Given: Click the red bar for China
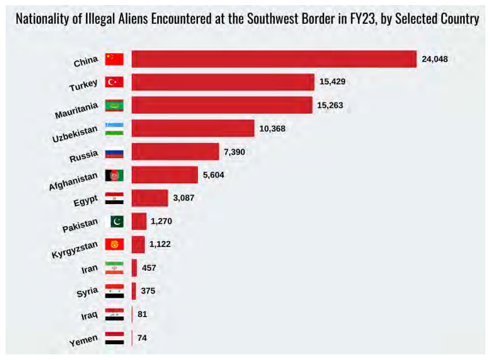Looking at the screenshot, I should tap(274, 59).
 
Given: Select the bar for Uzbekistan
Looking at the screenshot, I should tap(193, 128).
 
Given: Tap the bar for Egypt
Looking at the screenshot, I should tap(150, 198).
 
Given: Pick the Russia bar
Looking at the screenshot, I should tap(175, 151).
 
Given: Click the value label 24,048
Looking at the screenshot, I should tap(434, 59).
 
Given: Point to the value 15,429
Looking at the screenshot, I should tap(332, 82).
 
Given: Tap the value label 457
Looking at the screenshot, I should tap(149, 267).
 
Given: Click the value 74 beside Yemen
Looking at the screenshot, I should tap(143, 337).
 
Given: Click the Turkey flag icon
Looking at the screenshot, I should tap(114, 83).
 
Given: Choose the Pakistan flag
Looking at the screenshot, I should tap(117, 222).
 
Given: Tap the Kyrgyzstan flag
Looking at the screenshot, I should tap(114, 245).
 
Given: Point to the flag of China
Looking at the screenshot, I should tap(114, 59).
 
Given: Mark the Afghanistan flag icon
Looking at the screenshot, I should tap(114, 175).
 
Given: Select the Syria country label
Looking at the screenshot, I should tap(88, 293).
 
